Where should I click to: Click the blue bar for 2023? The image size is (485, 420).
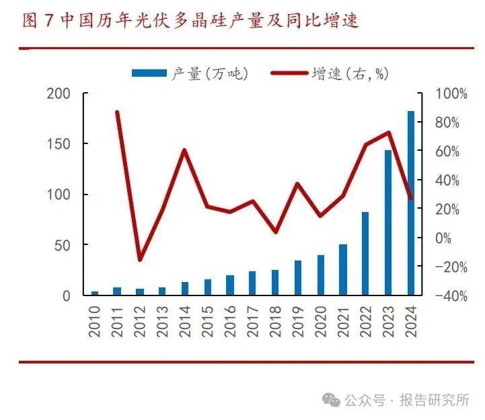pos(388,223)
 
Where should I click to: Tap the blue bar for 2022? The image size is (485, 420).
pos(365,254)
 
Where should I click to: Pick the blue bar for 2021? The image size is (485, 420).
pos(343,269)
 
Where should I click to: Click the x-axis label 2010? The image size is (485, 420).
pos(95,320)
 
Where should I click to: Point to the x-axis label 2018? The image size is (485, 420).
pos(275,320)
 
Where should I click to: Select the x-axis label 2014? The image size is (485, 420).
pos(185,320)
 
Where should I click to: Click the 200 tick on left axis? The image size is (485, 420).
pos(58,94)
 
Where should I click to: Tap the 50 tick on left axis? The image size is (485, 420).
pos(62,245)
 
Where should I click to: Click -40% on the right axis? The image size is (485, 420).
pos(444,296)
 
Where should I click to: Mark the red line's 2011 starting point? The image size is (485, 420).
pos(118,112)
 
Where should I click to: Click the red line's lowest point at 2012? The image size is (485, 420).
pos(140,260)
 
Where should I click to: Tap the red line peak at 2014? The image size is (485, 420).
pos(185,150)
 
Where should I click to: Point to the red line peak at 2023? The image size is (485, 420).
pos(388,133)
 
